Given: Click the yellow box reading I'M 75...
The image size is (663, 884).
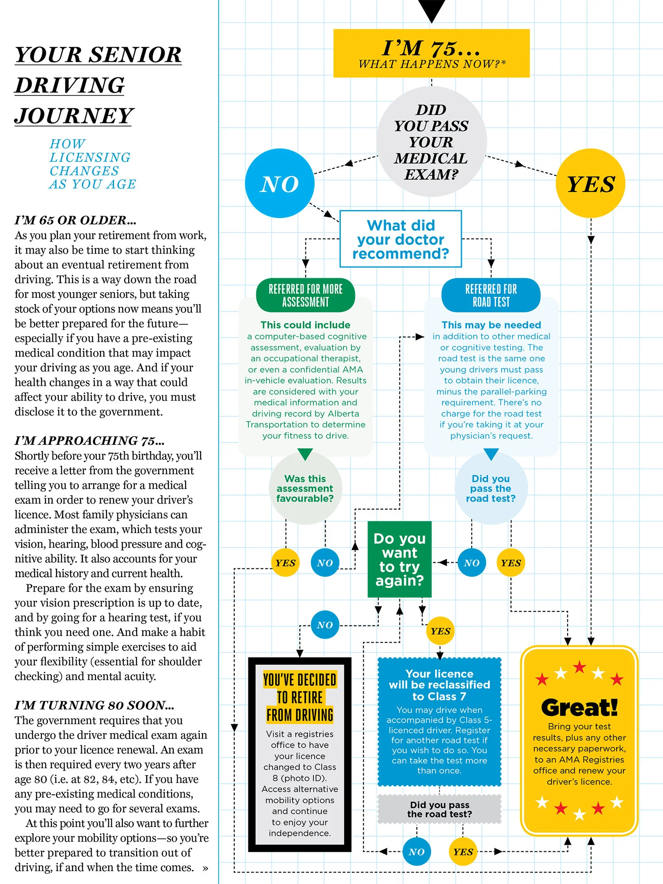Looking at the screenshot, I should [x=431, y=53].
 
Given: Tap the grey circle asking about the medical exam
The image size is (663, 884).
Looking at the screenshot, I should [x=431, y=141].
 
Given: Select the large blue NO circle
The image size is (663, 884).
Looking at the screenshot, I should [x=279, y=183].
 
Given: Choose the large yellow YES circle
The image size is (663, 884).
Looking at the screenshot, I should [x=591, y=183].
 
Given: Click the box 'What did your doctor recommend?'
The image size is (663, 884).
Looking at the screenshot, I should [x=400, y=239].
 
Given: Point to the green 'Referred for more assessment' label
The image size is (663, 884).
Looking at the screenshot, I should [x=305, y=295].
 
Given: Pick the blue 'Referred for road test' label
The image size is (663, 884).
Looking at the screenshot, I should [x=491, y=295].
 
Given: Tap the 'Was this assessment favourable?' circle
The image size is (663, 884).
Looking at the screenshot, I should [x=305, y=488].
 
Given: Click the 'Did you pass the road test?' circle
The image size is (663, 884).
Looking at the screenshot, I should [x=491, y=488].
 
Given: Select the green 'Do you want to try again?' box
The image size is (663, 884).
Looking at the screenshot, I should [x=400, y=559].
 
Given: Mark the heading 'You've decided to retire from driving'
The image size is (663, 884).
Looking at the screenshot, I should [x=300, y=697].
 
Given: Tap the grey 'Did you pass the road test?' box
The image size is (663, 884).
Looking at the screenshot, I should [x=439, y=809].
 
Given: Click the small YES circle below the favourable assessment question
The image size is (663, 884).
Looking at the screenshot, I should [x=286, y=563].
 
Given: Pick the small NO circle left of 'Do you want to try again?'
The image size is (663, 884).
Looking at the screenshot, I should [x=325, y=563].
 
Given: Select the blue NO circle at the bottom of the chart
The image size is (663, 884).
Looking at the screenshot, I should [x=416, y=852].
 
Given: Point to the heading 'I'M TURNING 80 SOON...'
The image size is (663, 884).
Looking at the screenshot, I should [x=94, y=705].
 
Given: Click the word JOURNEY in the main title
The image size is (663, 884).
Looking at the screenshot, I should [x=74, y=116].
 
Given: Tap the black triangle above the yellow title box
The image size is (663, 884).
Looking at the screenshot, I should [x=431, y=10].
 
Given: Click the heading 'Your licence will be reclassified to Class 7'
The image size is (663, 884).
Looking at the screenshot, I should [x=439, y=685].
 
